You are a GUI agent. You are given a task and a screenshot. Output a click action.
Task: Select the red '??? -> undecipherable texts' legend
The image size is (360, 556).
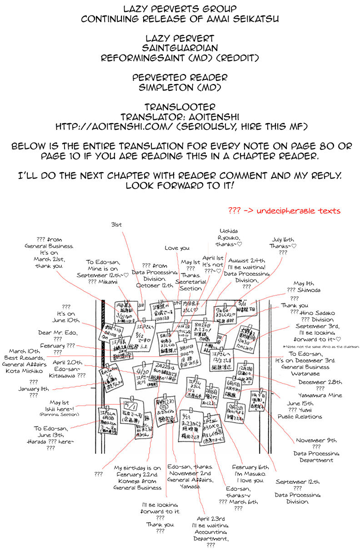[x=284, y=211]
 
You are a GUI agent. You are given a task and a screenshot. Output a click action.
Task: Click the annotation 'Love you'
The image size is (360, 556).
[x=177, y=248]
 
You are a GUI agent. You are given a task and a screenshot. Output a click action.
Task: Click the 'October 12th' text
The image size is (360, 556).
[x=155, y=285]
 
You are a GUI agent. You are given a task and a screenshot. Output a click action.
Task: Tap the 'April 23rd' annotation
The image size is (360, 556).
[x=210, y=518]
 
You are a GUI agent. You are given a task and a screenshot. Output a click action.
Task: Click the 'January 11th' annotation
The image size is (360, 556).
[x=34, y=389]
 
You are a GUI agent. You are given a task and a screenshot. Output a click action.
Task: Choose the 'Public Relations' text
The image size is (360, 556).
[x=300, y=416]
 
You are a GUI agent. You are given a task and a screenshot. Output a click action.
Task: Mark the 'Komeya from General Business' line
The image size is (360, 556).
[x=138, y=481]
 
